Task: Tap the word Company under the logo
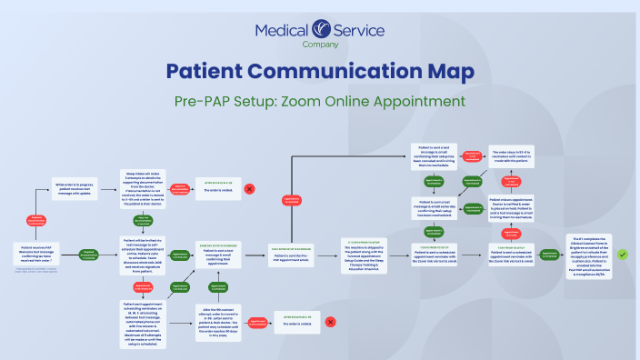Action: [320, 45]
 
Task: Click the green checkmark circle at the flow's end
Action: [622, 255]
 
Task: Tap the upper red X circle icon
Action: [249, 190]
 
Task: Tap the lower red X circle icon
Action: [330, 321]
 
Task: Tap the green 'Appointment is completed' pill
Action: [548, 255]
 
